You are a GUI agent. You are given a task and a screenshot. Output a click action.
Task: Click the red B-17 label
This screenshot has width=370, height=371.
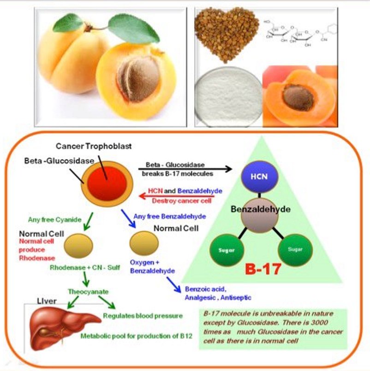(263, 269)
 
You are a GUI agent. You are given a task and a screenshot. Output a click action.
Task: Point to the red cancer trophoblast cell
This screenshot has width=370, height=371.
(104, 180)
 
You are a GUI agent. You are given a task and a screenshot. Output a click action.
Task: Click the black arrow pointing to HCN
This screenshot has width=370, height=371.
(185, 170)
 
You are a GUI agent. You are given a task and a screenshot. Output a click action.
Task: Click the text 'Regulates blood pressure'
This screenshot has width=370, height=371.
(143, 316)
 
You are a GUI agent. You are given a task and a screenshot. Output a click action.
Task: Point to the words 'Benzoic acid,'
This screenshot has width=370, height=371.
(203, 289)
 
